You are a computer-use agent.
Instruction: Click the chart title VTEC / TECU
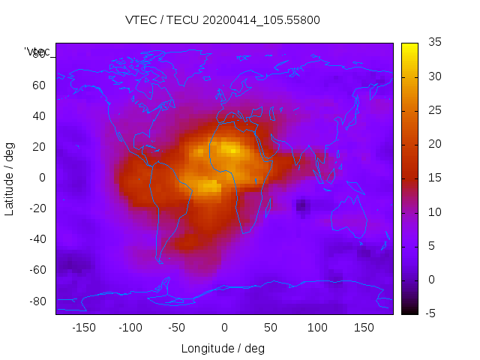[222, 20]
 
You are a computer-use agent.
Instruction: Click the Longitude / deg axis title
[223, 349]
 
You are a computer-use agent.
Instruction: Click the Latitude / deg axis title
[10, 178]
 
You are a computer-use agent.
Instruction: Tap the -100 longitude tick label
[130, 328]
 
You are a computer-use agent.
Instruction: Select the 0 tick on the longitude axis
[223, 328]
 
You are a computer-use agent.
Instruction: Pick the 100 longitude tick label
[317, 328]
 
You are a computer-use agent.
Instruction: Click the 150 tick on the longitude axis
[364, 328]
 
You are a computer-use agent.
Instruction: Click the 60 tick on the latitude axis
[39, 85]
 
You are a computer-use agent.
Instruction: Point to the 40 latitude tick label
[39, 116]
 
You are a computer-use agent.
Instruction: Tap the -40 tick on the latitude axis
[37, 239]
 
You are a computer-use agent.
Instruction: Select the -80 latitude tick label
[37, 301]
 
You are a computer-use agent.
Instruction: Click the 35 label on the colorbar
[434, 43]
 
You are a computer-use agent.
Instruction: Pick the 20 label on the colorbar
[434, 144]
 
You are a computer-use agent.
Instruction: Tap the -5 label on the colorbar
[432, 313]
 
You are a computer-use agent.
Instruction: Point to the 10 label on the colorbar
[434, 212]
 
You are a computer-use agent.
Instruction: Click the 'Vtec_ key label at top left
[37, 52]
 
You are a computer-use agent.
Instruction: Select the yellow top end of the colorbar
[409, 47]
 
